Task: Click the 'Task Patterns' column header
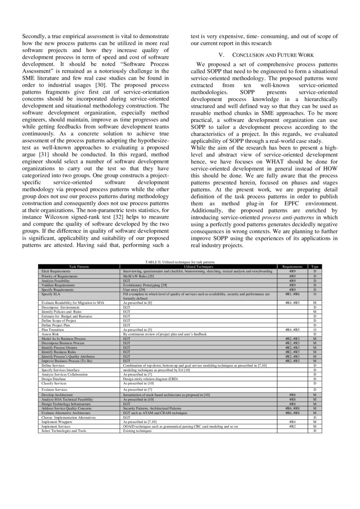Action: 79,266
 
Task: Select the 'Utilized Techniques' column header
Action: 199,266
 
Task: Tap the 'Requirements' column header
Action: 292,266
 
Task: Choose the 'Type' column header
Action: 315,266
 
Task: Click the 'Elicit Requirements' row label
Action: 56,271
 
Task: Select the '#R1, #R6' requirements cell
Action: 292,294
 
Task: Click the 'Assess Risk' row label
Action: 50,334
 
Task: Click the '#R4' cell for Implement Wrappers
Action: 292,422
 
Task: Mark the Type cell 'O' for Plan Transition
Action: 315,330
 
